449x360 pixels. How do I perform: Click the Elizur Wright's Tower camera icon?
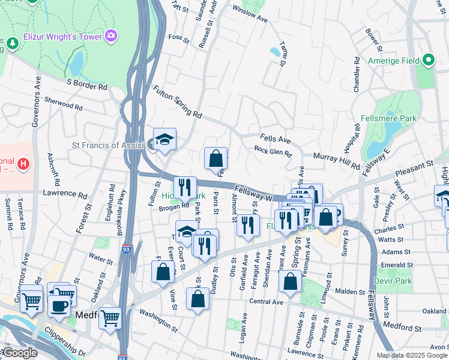[110, 36]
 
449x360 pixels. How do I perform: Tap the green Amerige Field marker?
[428, 59]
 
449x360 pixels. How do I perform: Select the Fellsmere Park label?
[388, 119]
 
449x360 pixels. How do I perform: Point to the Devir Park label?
[393, 280]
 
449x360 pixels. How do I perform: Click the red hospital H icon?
[23, 163]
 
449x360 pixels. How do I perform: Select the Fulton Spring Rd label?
[178, 101]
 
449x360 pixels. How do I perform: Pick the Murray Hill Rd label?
[337, 161]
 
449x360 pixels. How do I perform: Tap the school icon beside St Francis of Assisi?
[164, 139]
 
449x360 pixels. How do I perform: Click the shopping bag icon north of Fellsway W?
[216, 159]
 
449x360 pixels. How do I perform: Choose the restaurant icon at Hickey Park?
[185, 188]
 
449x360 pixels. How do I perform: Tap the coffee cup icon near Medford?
[59, 305]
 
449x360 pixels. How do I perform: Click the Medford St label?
[402, 328]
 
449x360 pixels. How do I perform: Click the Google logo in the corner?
[19, 353]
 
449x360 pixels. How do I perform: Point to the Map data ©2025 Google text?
[411, 355]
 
